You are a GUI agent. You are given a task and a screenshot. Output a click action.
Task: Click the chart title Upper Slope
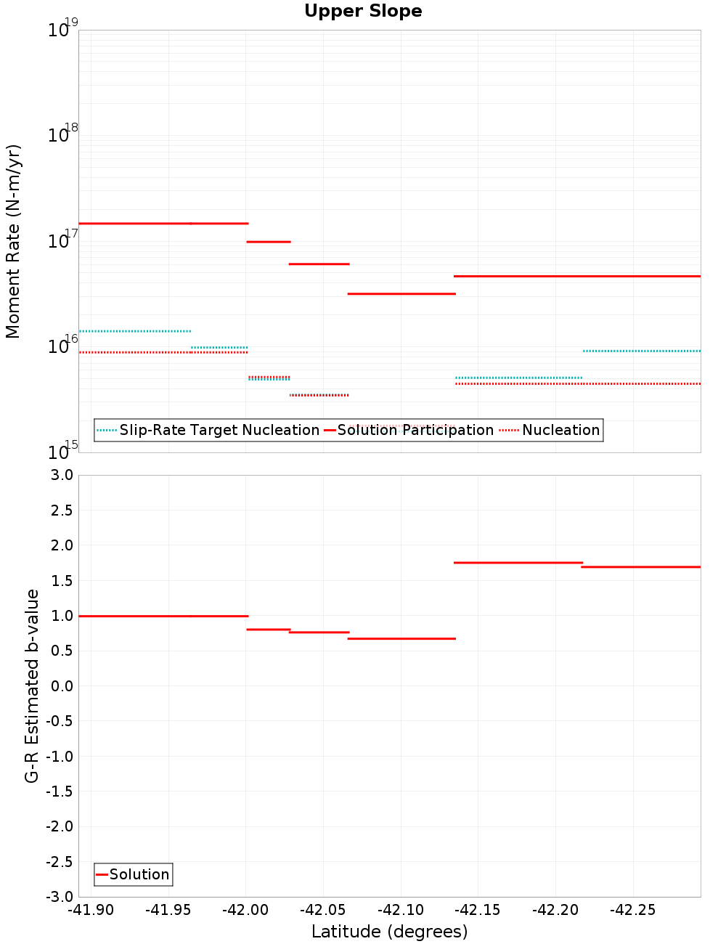(x=363, y=12)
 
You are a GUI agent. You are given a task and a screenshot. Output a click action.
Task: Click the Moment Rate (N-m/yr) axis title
(x=13, y=241)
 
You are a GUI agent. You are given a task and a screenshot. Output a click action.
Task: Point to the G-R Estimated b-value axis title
(x=32, y=685)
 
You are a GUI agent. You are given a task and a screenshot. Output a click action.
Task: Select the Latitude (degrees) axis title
(x=389, y=932)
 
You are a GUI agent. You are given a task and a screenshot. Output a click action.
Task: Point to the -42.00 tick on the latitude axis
(x=245, y=910)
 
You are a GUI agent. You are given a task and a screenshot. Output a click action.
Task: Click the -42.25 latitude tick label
(x=632, y=910)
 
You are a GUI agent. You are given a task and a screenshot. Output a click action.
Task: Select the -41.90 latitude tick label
(x=91, y=910)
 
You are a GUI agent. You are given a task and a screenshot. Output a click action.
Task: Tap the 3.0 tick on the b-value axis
(x=62, y=475)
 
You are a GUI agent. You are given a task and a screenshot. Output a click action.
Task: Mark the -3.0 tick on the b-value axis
(x=60, y=897)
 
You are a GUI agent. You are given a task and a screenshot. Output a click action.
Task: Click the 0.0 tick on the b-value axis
(x=62, y=686)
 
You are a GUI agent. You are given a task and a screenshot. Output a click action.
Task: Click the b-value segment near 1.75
(x=518, y=563)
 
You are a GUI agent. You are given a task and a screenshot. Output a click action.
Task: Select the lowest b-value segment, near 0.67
(x=401, y=638)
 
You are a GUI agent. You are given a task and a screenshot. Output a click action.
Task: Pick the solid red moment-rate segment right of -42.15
(x=577, y=276)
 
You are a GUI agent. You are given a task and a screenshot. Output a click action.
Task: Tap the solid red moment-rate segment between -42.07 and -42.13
(x=401, y=293)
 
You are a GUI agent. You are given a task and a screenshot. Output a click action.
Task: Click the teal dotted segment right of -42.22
(x=642, y=351)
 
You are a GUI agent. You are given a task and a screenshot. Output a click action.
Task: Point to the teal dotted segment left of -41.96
(x=135, y=331)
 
